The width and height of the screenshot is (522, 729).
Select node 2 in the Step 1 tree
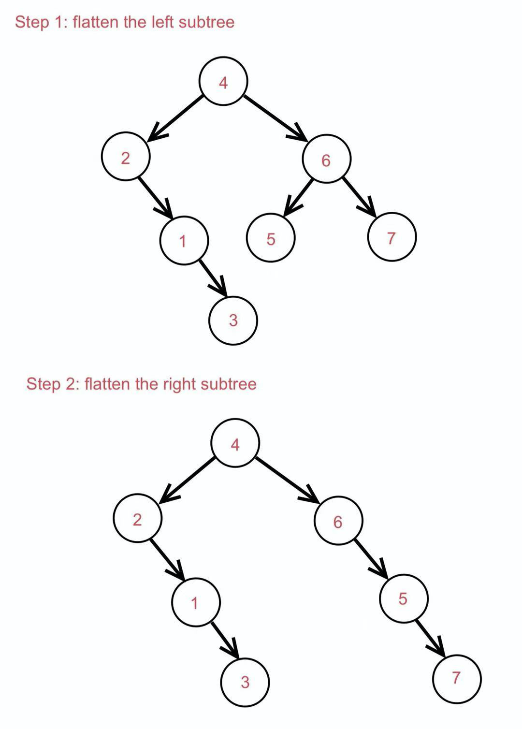126,157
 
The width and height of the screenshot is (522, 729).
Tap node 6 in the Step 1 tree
326,160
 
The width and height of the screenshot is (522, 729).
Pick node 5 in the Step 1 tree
271,238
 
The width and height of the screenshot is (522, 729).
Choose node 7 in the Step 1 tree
391,237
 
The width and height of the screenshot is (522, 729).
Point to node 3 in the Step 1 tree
233,320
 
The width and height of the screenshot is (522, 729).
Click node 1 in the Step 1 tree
184,240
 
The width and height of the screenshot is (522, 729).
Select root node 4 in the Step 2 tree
235,443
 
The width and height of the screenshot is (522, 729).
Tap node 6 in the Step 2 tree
338,521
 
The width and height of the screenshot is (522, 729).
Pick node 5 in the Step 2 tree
403,598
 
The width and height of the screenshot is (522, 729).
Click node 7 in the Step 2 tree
457,678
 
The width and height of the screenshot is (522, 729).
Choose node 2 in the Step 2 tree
138,518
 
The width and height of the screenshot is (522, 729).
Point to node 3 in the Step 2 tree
245,682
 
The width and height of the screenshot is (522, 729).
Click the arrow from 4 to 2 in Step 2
188,479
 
